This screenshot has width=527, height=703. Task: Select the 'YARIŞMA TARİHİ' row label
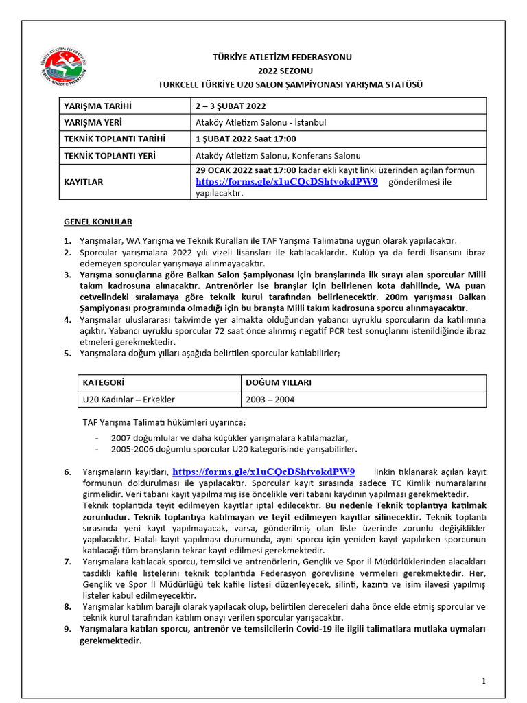(x=97, y=106)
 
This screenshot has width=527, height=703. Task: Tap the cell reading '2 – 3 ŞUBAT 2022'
(x=231, y=106)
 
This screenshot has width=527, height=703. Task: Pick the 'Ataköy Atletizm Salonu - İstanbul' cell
(x=261, y=123)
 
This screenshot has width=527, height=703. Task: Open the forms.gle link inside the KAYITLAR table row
(x=286, y=182)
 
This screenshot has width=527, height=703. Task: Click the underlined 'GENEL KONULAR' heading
(x=98, y=222)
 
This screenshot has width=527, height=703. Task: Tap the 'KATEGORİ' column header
(x=103, y=382)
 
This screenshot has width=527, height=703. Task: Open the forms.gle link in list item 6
(x=263, y=472)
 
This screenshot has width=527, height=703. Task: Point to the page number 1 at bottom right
(x=483, y=681)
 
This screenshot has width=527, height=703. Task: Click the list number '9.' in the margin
(x=67, y=629)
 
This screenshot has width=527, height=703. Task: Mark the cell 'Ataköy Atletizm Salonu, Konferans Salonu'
(x=278, y=156)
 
